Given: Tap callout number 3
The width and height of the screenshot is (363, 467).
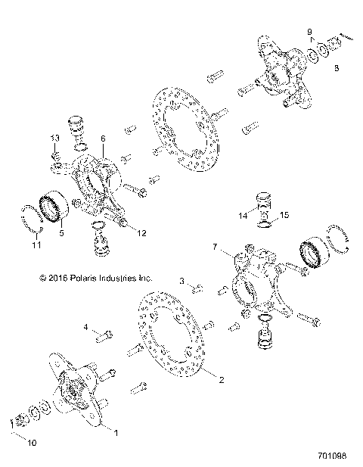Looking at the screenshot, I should click(x=181, y=281).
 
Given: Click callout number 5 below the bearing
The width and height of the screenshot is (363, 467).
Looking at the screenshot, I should click(x=62, y=233).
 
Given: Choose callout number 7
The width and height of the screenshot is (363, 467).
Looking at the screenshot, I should click(x=215, y=247).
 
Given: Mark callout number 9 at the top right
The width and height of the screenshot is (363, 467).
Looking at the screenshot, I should click(x=309, y=31).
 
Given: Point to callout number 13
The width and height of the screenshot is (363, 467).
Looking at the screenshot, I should click(x=54, y=137).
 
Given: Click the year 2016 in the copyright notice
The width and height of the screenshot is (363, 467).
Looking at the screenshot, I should click(x=59, y=278).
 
